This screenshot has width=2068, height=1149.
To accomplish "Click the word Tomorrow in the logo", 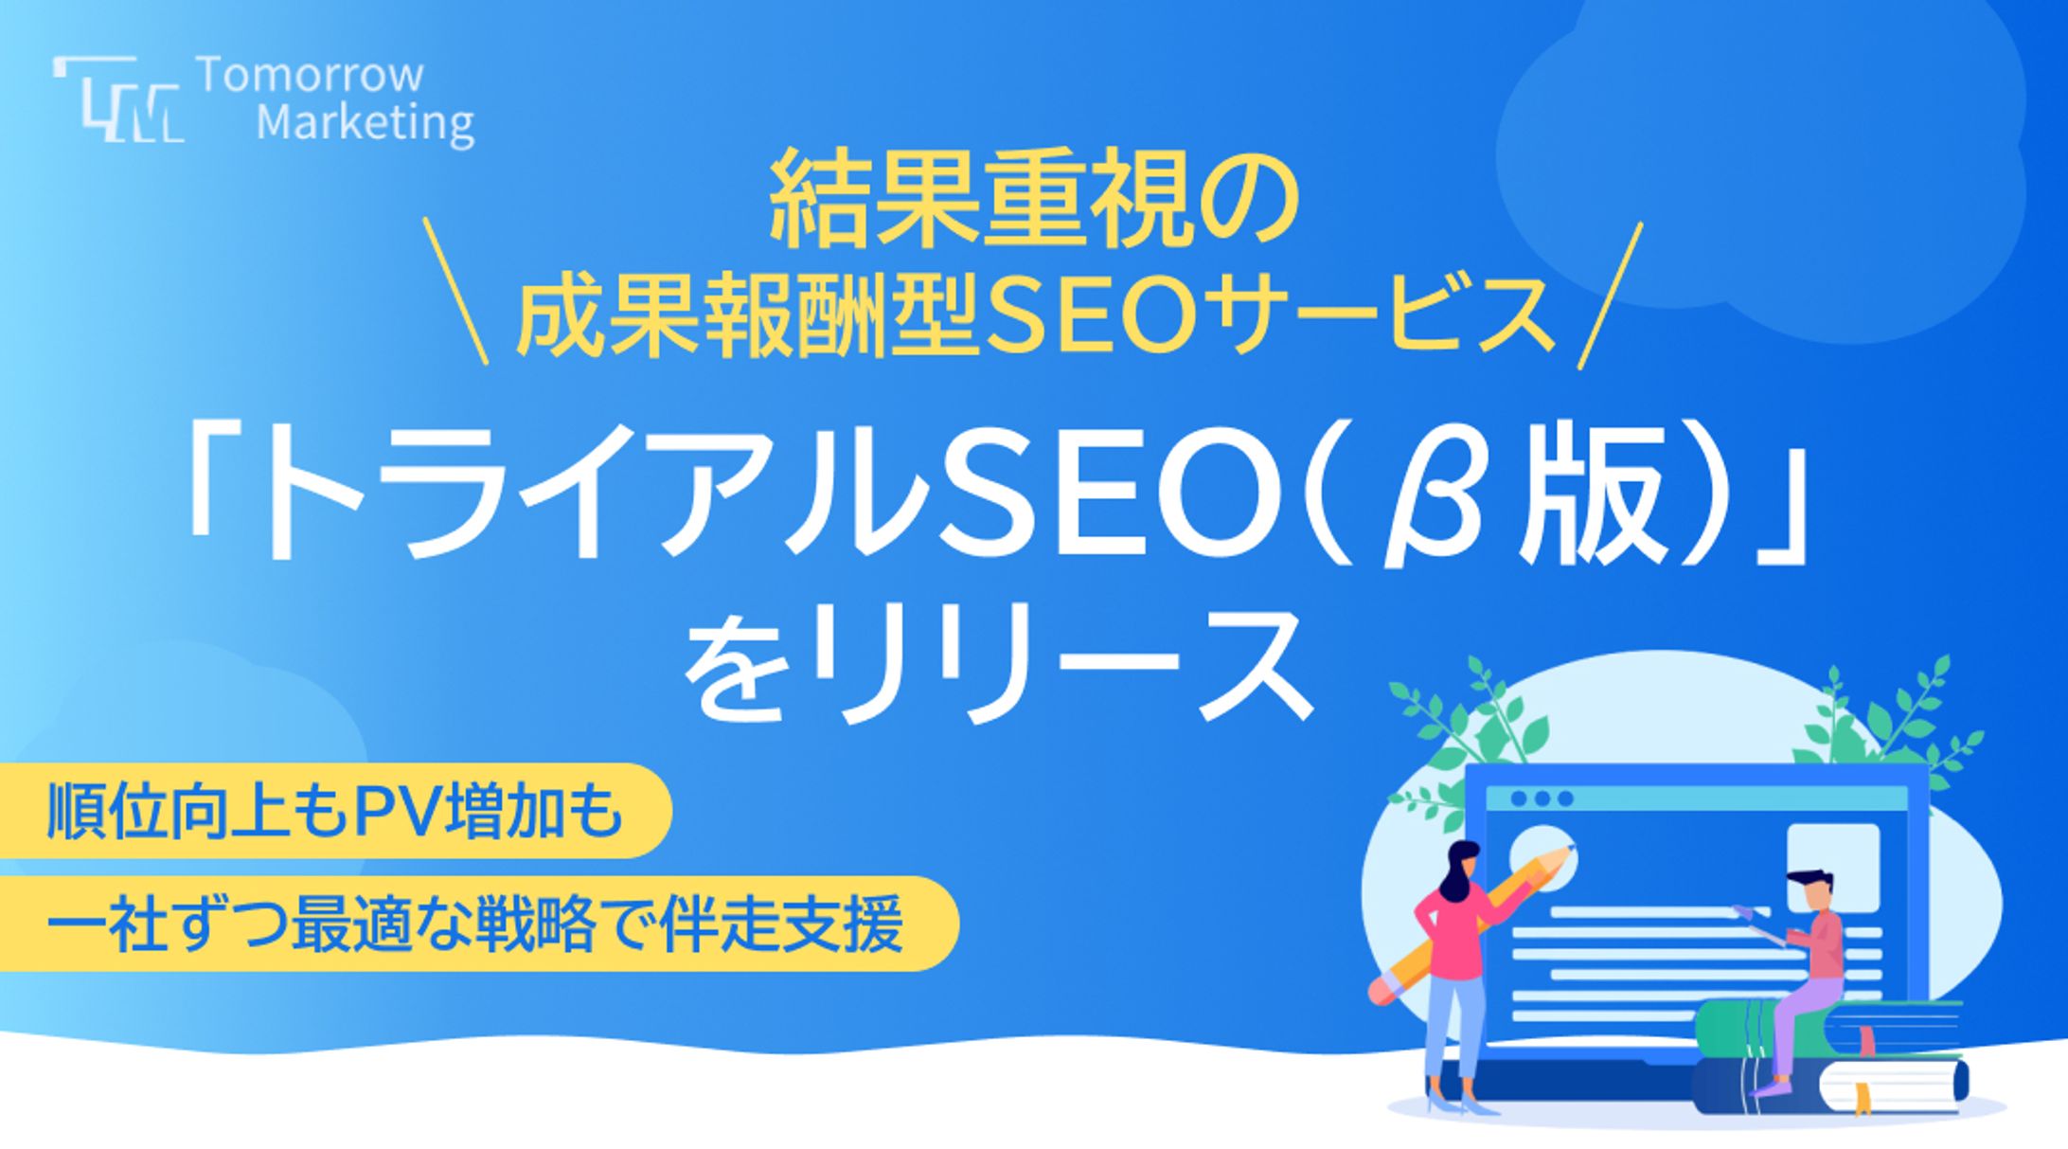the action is click(x=311, y=76).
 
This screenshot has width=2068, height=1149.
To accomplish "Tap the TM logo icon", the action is click(x=118, y=99).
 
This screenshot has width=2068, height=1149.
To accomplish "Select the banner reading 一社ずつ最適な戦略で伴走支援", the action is click(x=478, y=924).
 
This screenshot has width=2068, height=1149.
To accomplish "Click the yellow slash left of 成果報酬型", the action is click(x=456, y=291).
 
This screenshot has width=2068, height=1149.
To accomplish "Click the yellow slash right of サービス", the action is click(x=1610, y=295).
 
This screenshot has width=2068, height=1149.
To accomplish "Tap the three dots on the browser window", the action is click(x=1542, y=799).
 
